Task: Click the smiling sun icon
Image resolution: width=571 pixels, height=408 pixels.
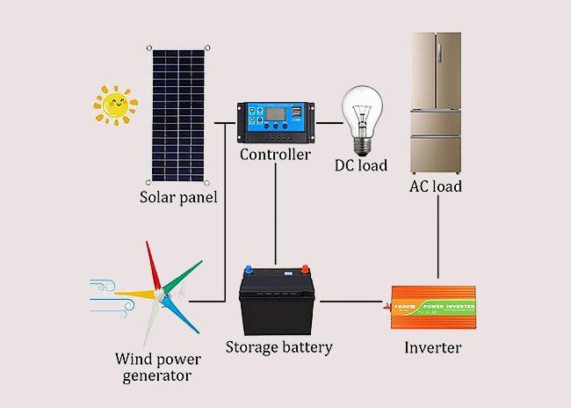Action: point(115,106)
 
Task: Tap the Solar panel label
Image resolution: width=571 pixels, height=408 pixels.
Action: point(178,197)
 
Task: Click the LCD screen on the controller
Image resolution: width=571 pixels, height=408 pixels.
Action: point(275,114)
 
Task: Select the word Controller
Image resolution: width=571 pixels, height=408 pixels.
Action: point(275,155)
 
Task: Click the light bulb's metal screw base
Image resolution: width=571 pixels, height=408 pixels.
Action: point(362,146)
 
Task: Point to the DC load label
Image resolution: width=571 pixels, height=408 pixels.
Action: point(361,165)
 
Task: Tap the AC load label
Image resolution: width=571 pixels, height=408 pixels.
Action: point(436,186)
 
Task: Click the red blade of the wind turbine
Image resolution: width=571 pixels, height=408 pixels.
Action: point(153,266)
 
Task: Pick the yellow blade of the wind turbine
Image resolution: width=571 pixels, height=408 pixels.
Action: point(134,294)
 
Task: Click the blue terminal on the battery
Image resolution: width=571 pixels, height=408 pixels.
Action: point(249,269)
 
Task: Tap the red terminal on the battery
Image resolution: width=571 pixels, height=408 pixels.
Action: point(305,269)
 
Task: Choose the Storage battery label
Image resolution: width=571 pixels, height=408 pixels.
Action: point(279,347)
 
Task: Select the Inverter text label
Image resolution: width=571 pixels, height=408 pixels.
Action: point(432,347)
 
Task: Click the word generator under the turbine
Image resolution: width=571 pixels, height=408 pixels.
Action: point(157,376)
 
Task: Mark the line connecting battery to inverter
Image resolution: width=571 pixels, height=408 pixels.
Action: point(351,302)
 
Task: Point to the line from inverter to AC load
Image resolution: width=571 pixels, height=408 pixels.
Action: point(437,237)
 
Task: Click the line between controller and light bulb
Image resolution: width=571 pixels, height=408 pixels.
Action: point(329,123)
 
